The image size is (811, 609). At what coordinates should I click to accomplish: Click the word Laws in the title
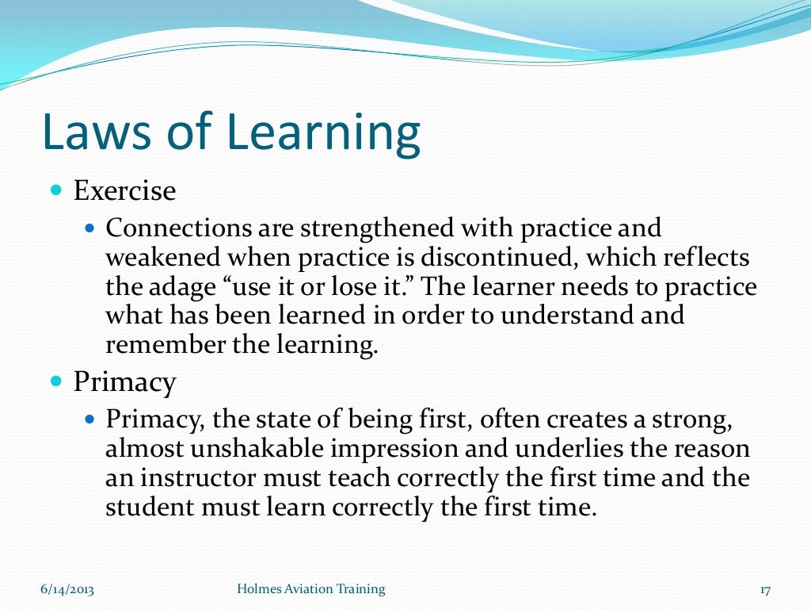click(94, 133)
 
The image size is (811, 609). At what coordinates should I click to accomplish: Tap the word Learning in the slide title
click(324, 135)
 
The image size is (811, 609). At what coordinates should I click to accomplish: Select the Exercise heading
click(124, 191)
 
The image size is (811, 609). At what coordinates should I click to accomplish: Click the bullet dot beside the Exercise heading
click(55, 191)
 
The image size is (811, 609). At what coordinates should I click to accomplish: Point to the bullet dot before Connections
click(89, 228)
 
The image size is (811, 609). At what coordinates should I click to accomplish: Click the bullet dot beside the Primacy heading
click(55, 382)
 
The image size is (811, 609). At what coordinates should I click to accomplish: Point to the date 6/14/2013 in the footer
click(67, 589)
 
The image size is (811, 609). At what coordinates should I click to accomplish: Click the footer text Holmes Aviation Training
click(311, 589)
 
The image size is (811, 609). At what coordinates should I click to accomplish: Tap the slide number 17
click(764, 590)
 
